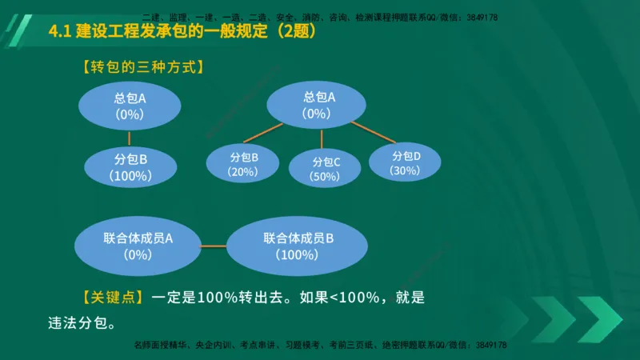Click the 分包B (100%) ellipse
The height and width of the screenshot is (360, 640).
[129, 166]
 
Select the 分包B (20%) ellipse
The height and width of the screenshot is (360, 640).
[243, 164]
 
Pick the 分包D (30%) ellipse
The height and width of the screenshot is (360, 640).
[405, 162]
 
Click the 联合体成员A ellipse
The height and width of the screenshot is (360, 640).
[138, 246]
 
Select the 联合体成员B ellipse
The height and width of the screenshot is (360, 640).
[298, 246]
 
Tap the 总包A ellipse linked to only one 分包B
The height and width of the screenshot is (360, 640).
[129, 106]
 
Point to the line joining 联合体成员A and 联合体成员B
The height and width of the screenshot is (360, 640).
[214, 246]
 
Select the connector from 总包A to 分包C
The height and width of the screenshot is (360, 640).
[322, 138]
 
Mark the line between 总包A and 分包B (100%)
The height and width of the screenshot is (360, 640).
[129, 137]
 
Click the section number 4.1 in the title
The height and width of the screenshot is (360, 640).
[60, 32]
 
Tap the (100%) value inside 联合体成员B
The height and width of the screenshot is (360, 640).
[297, 255]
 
